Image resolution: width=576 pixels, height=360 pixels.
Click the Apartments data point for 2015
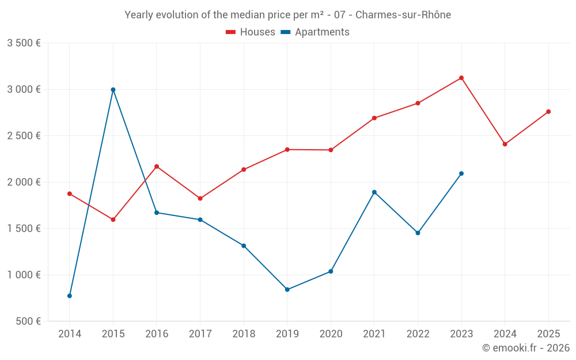coord(113,89)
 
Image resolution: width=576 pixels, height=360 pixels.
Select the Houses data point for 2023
coord(461,78)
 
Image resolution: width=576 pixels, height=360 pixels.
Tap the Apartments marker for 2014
coord(70,296)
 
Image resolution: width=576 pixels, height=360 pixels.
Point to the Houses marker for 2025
coord(548,112)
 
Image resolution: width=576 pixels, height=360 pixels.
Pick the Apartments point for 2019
coord(287,290)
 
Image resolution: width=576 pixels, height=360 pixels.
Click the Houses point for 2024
coord(505,144)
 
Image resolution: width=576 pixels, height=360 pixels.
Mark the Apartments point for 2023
coord(461,173)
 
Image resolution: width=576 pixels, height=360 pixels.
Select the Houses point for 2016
coord(157,166)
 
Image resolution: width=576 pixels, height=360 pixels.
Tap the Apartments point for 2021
coord(374,192)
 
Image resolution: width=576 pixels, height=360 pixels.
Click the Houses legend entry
coord(251,32)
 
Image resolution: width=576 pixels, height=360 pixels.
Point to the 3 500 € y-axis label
coord(24,43)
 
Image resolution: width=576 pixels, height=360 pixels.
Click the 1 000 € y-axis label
coord(24,275)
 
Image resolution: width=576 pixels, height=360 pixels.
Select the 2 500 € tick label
coord(24,136)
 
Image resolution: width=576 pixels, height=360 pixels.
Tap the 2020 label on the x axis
coord(331,334)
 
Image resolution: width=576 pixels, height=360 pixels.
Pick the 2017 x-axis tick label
coord(200,334)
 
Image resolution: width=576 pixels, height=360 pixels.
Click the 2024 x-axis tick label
coord(505,334)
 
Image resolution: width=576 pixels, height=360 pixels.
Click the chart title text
coord(287,14)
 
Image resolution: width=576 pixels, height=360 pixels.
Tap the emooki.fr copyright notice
coord(526,348)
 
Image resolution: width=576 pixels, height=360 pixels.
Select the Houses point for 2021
coord(374,118)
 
